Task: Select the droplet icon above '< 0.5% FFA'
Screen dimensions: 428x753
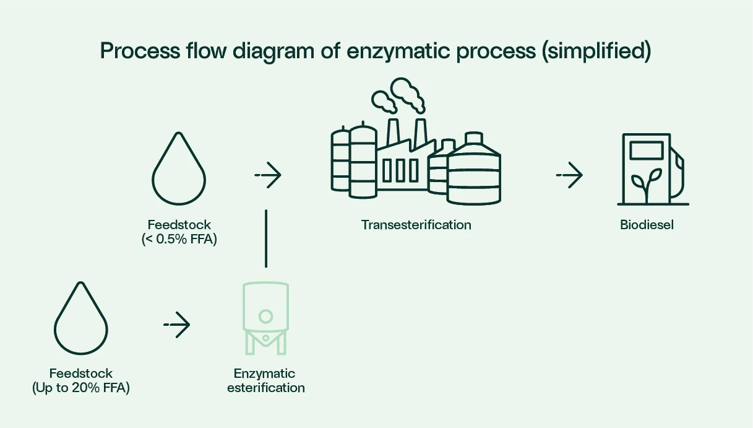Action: tap(179, 170)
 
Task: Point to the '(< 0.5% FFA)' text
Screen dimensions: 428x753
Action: tap(179, 239)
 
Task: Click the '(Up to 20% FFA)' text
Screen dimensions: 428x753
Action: tap(81, 388)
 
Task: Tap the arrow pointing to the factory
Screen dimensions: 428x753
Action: tap(268, 176)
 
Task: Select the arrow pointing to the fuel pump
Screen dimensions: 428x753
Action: tap(569, 176)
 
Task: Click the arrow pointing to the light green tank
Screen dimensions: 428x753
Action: tap(177, 325)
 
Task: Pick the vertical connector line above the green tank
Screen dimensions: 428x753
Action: tap(266, 238)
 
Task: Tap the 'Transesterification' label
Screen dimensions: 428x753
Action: tap(416, 225)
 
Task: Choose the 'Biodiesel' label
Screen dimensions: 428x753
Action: tap(647, 225)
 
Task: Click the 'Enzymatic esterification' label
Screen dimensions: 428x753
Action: tap(266, 381)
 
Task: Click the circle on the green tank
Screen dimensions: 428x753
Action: tap(265, 317)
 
